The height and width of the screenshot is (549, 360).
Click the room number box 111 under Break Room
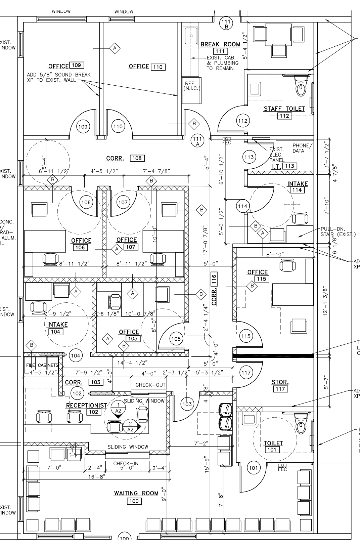click(x=220, y=51)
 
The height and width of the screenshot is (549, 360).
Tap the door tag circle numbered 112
click(x=243, y=121)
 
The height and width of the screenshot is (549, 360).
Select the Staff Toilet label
click(x=284, y=109)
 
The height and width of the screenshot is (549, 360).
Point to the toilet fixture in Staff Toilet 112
click(x=301, y=86)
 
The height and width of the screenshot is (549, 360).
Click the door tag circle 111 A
click(x=197, y=140)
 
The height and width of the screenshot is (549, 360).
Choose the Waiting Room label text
click(x=136, y=493)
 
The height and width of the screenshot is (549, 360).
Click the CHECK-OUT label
click(x=150, y=385)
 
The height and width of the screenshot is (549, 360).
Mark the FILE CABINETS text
click(x=42, y=365)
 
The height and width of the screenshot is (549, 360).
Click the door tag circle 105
click(x=176, y=339)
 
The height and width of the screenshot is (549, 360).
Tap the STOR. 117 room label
click(x=280, y=385)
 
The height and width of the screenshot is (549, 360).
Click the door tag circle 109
click(x=83, y=127)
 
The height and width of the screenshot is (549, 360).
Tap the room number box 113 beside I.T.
click(x=289, y=166)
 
